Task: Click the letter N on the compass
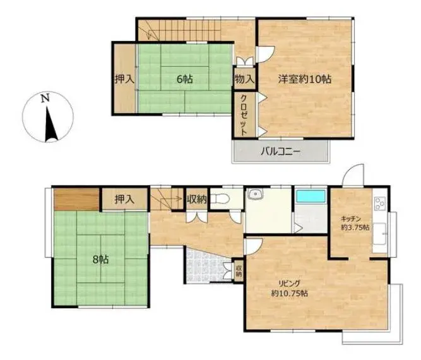click(x=45, y=98)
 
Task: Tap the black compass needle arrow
click(x=50, y=124)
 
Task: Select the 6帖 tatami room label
click(x=185, y=79)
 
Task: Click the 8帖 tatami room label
click(x=100, y=260)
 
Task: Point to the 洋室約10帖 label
click(x=304, y=79)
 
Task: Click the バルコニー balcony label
click(x=280, y=152)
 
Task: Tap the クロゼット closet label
click(x=244, y=115)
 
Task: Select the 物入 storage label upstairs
click(x=244, y=79)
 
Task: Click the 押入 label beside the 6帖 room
click(x=124, y=79)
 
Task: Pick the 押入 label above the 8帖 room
click(x=124, y=200)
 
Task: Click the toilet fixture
click(x=220, y=199)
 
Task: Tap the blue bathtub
click(x=311, y=196)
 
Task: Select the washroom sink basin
click(x=256, y=194)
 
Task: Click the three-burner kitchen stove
click(x=379, y=203)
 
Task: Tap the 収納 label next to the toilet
click(x=197, y=200)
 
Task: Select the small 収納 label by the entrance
click(x=239, y=271)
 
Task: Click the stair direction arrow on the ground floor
click(x=166, y=199)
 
